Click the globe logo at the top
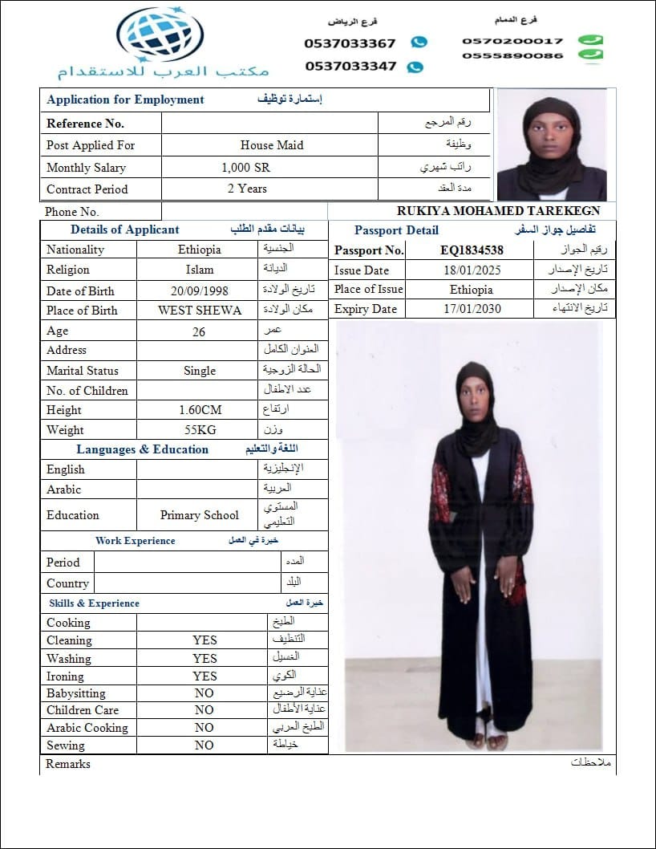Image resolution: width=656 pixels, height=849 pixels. tap(160, 35)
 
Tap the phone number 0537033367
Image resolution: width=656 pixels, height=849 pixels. tap(350, 43)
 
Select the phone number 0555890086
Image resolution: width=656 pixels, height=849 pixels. tap(512, 56)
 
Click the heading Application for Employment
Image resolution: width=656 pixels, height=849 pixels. tap(125, 100)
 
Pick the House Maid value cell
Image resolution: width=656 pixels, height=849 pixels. tap(271, 145)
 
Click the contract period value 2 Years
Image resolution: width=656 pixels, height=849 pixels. tap(247, 189)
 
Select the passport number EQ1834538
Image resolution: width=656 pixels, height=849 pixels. tap(472, 250)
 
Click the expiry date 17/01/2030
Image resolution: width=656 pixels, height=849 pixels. tap(472, 309)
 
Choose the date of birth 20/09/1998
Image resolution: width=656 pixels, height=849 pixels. tap(199, 291)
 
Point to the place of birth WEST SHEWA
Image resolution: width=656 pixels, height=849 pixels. tap(200, 311)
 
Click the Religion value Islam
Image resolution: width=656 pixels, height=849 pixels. tap(200, 270)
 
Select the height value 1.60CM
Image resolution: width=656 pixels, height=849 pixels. tap(200, 410)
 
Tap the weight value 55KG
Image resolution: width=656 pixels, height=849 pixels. tap(200, 430)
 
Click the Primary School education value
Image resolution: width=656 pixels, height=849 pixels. tap(200, 515)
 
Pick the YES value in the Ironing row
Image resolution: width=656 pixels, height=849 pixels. tap(204, 676)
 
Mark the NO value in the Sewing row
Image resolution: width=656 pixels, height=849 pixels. tap(204, 745)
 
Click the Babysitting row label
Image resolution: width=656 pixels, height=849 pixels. tap(76, 693)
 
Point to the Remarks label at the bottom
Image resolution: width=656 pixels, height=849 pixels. tap(68, 764)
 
